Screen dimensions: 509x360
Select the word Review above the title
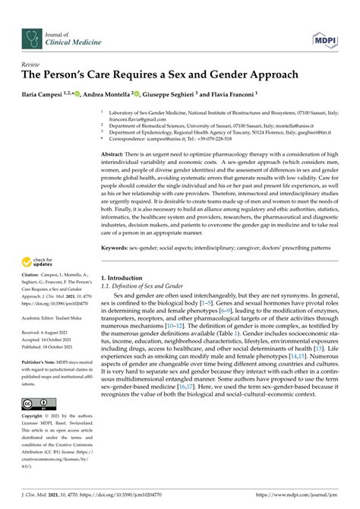coord(32,67)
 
